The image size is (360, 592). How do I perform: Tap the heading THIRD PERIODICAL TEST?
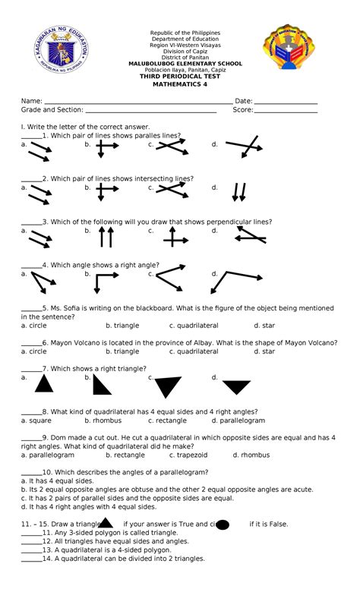tap(180, 77)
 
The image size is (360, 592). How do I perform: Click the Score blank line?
tap(286, 112)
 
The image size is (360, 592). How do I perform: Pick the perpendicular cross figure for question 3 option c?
tap(175, 238)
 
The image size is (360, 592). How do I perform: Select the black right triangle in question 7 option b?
tap(102, 385)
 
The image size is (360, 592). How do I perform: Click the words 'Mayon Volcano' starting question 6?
tap(71, 342)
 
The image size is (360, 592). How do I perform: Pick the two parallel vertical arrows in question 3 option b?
tap(107, 238)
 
